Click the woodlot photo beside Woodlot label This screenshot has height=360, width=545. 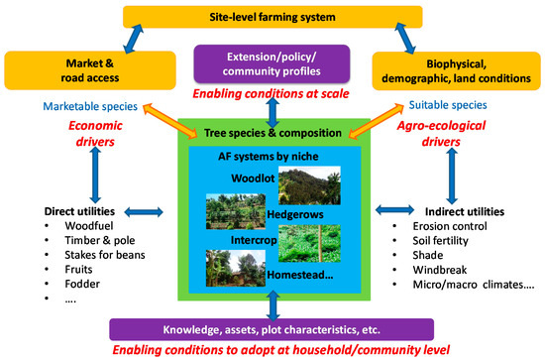coord(308,186)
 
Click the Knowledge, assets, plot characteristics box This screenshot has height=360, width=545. coord(272,328)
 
